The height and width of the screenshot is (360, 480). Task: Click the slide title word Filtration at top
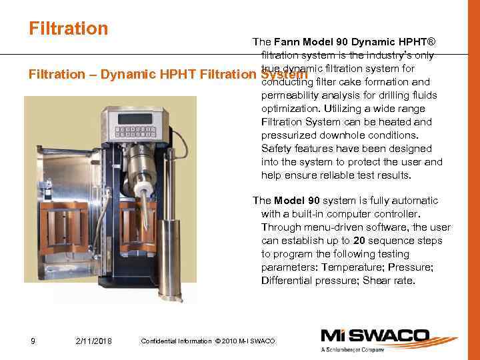click(x=68, y=29)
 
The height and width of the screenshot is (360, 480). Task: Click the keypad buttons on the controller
click(x=137, y=131)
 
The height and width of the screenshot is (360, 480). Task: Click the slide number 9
click(x=33, y=341)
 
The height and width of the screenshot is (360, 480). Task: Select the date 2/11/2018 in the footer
click(x=94, y=341)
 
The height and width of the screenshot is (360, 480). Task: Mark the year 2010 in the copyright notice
click(x=235, y=341)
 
